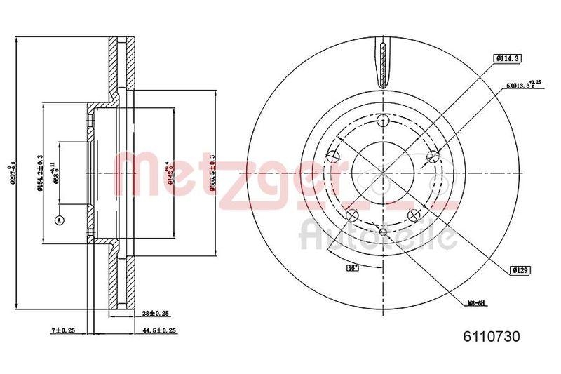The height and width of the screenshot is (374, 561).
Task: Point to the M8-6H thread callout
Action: tap(478, 304)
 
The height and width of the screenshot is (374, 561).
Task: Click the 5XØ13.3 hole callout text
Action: tap(521, 86)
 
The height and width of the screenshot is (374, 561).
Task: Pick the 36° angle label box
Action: tap(351, 267)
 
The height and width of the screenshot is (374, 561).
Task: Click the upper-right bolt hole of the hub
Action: tap(433, 156)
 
